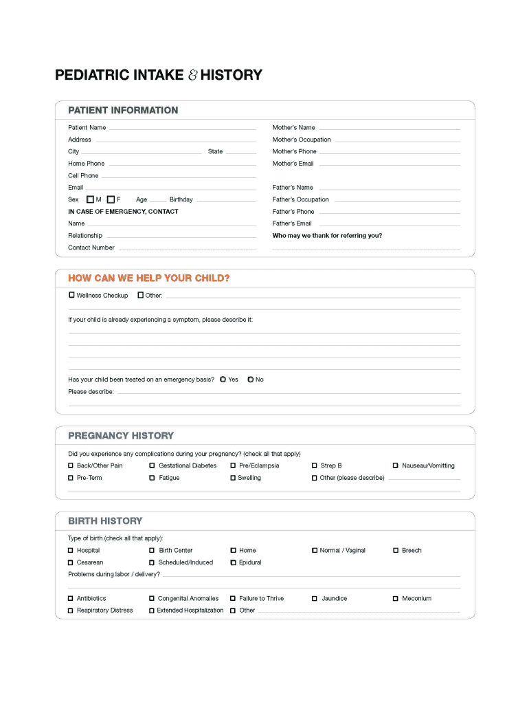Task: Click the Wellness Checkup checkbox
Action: [x=71, y=295]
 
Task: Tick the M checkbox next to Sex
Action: [x=90, y=199]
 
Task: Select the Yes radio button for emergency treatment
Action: [x=223, y=379]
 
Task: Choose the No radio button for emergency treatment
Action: [x=251, y=379]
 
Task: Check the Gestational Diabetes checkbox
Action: [x=152, y=465]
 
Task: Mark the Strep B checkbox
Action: [x=314, y=465]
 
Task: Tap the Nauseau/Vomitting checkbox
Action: [x=395, y=465]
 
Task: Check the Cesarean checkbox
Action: [x=71, y=562]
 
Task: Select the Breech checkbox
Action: [x=395, y=550]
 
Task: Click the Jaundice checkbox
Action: [x=314, y=598]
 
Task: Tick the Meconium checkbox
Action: [x=395, y=598]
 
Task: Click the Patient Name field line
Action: [x=182, y=129]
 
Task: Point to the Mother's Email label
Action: [x=293, y=164]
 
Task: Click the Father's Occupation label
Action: [x=300, y=199]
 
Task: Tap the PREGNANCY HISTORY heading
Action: [x=121, y=435]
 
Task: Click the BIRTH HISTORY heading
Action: [x=105, y=520]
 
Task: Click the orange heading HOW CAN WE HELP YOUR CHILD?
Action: [x=148, y=278]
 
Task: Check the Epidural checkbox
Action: [x=233, y=562]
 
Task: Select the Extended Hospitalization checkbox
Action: [x=152, y=610]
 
